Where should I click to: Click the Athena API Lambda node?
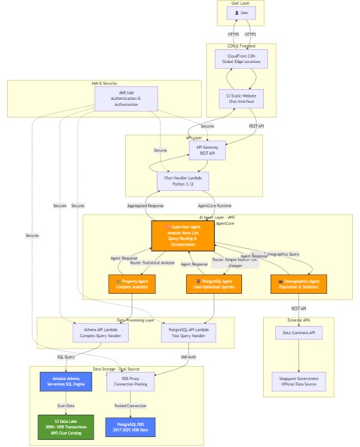click(x=101, y=332)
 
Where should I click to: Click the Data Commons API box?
click(x=299, y=333)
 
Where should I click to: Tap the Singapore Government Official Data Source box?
click(x=299, y=381)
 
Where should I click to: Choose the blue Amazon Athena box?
click(x=66, y=381)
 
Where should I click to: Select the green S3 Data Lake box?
click(x=66, y=427)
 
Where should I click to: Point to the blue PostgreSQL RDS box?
click(x=130, y=427)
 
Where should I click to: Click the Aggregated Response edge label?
click(x=146, y=206)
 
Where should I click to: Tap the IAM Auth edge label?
click(x=188, y=357)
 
